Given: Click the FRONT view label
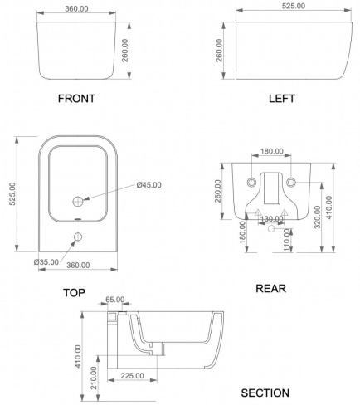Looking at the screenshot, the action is (76, 99).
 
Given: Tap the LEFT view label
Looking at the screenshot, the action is (282, 99).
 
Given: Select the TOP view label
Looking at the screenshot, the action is (74, 293).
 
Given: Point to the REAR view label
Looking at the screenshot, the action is (270, 289).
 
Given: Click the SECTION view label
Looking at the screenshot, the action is (265, 393).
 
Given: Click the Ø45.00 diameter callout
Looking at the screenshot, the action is (148, 185).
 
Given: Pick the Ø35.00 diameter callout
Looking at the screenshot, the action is (46, 261).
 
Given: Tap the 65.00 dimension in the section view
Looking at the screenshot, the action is (115, 300).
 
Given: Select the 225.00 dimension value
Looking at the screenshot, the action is (132, 376).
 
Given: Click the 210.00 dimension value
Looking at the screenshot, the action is (94, 378).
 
